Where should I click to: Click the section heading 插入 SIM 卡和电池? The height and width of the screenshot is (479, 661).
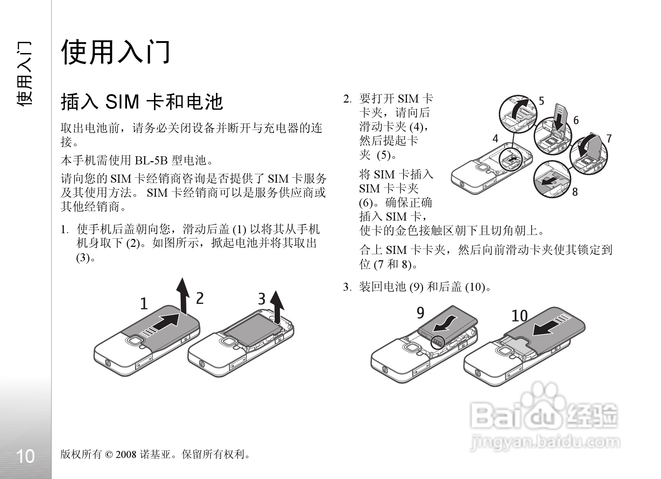142,102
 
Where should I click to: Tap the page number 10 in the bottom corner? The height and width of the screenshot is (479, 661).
26,456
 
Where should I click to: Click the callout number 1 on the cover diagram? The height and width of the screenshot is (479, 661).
144,304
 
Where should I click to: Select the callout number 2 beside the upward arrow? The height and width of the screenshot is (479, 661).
200,298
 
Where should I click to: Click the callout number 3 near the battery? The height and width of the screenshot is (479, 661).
262,299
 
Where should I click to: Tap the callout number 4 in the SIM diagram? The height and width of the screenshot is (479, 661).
495,139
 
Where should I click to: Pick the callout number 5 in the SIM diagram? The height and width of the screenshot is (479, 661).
541,101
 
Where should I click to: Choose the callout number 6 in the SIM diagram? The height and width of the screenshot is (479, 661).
576,120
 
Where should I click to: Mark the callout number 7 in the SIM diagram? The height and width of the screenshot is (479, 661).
609,138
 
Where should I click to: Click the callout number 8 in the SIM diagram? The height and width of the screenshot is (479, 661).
575,192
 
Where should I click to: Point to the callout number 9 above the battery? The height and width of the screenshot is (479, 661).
420,313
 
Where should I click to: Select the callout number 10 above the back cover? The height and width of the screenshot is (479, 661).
520,316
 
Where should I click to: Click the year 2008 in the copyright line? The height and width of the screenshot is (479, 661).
126,454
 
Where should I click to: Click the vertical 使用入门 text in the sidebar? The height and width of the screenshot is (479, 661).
25,73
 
